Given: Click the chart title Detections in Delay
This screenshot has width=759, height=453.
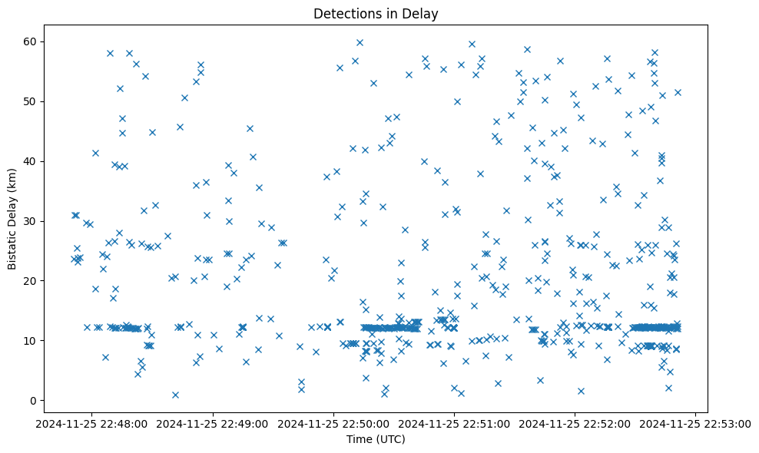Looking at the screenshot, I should tap(376, 13).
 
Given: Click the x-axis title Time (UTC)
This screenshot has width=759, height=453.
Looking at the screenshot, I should tap(376, 439).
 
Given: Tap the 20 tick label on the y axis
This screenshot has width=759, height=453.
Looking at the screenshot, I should tap(31, 280).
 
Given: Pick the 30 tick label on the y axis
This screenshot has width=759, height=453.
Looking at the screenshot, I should tap(31, 220).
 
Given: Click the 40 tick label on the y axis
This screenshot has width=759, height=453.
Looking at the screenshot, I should tap(31, 160).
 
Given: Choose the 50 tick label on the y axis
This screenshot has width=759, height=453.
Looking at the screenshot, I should tap(31, 101).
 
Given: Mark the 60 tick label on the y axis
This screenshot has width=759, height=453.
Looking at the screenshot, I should tap(31, 41).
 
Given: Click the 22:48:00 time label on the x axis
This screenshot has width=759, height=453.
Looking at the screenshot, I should tap(92, 423).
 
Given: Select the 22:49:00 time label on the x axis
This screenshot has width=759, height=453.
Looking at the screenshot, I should tap(213, 423).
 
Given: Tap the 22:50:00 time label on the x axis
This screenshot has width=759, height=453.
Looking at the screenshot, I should tap(333, 423).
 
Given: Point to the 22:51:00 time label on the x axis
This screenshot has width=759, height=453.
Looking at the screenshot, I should tap(454, 423).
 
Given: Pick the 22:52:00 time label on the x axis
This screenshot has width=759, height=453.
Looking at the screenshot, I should tap(575, 423).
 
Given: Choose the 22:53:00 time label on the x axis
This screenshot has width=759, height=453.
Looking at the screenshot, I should tap(695, 423).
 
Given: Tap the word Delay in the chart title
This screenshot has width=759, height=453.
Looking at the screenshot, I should tap(423, 13).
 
